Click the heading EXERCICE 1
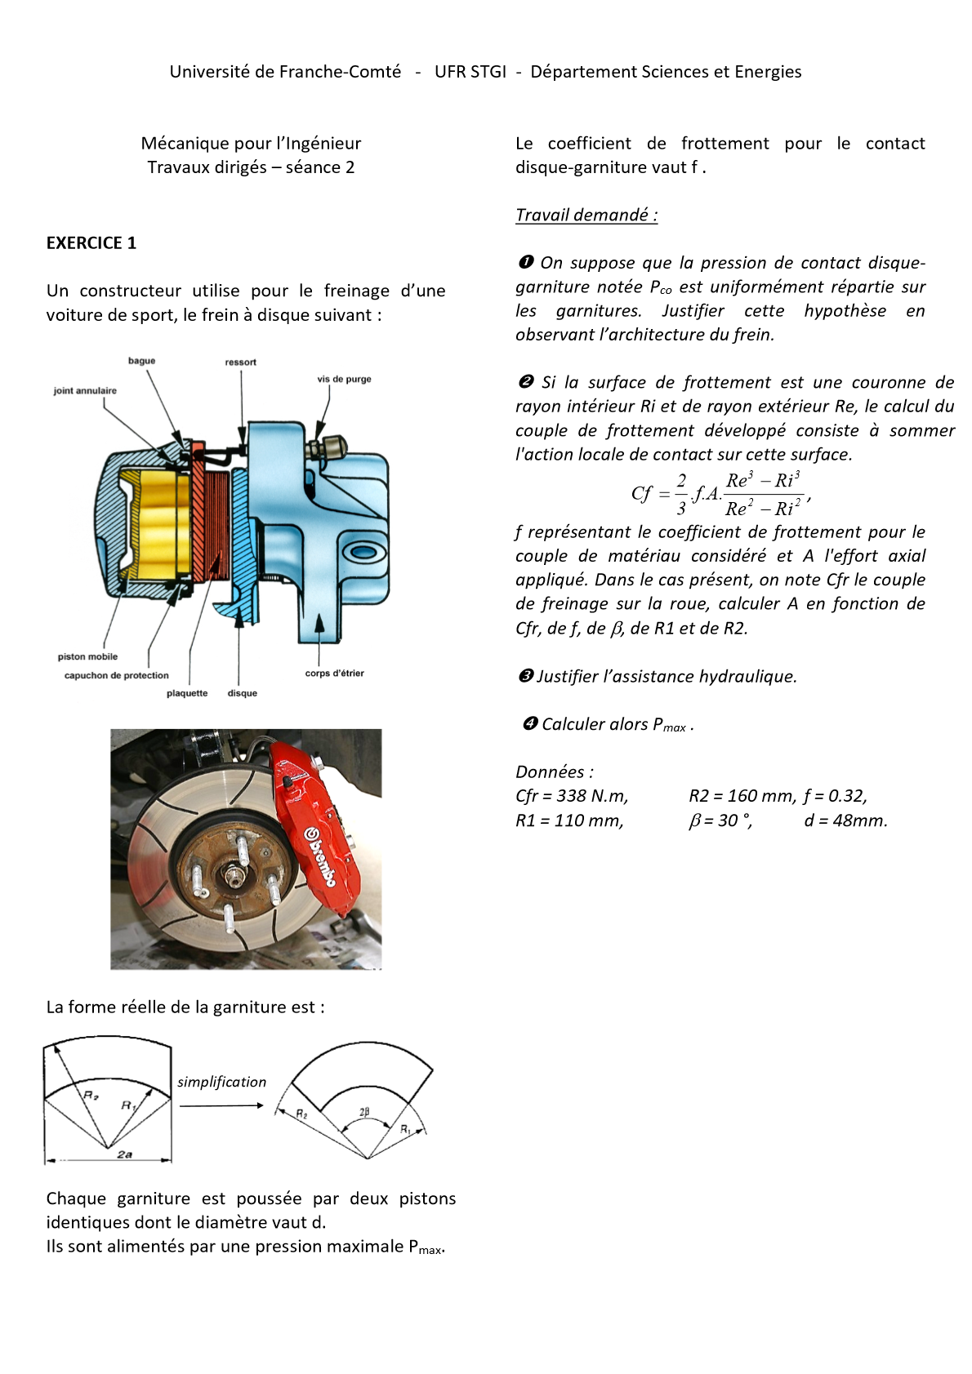click(91, 243)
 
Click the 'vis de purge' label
click(344, 379)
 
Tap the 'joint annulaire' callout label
click(85, 391)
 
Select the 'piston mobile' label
click(87, 656)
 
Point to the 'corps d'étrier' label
click(334, 674)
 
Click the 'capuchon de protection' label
click(117, 675)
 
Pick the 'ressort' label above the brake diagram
click(241, 362)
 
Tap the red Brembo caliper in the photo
click(314, 825)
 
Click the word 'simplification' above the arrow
click(222, 1082)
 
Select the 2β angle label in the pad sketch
click(364, 1111)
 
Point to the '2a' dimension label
click(124, 1154)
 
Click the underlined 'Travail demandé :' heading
click(586, 215)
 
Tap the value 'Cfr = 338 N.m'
click(572, 796)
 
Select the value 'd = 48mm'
click(845, 820)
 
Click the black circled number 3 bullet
click(526, 676)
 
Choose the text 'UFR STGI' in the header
click(470, 72)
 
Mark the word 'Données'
click(550, 772)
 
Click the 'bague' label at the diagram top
click(141, 361)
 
